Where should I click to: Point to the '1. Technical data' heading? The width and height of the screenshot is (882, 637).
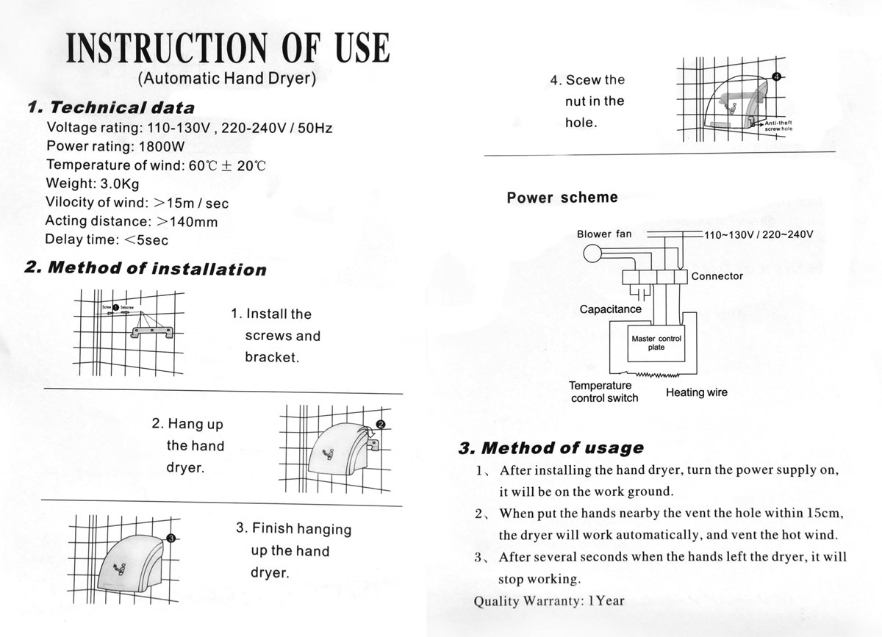pos(110,108)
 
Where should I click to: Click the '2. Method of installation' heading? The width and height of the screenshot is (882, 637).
pos(145,268)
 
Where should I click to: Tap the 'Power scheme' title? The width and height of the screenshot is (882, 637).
pos(562,198)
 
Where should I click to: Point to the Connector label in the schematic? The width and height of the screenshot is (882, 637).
pos(717,276)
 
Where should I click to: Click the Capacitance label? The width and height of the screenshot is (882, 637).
pos(610,309)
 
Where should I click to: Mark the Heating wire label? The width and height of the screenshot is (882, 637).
pos(696,392)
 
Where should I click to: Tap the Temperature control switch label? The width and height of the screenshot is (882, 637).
pos(604,392)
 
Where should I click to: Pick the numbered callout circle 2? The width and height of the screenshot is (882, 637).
pos(380,425)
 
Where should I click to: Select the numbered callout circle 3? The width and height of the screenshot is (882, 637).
pos(171,539)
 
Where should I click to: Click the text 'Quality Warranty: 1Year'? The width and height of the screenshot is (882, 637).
pos(548,600)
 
